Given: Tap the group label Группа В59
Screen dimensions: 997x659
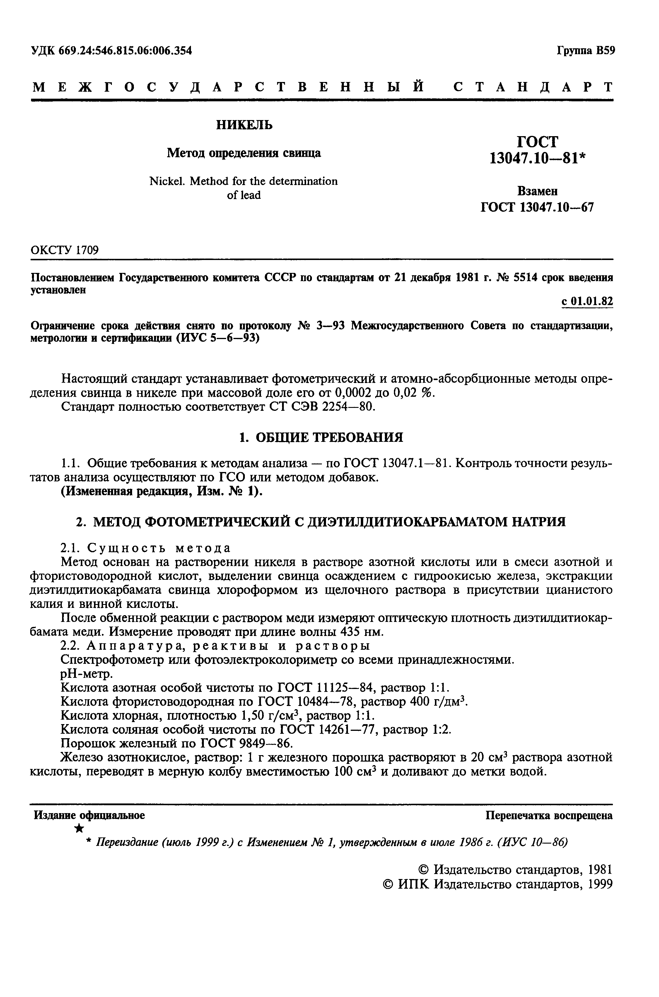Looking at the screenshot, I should (586, 51).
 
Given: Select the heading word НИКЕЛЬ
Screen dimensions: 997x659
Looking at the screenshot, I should (244, 125).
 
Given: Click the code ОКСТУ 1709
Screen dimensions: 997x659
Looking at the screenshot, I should (65, 250).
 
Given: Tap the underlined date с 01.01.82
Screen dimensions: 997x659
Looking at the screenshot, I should (587, 302).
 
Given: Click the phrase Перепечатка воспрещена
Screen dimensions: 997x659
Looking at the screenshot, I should (549, 815).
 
